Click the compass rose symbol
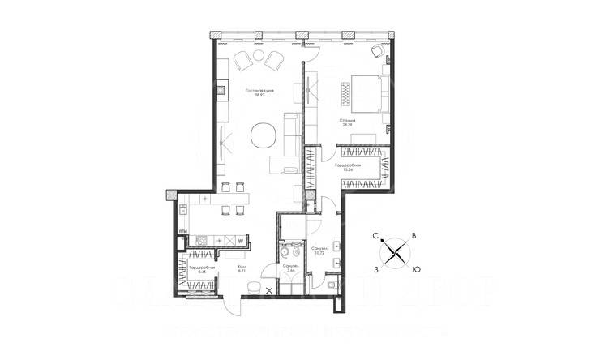tap(396, 251)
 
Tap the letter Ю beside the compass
tap(416, 268)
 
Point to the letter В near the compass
tap(415, 235)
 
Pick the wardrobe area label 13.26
tap(349, 170)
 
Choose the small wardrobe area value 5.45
tap(198, 272)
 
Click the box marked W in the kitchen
tap(240, 241)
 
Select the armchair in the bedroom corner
tap(378, 51)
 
